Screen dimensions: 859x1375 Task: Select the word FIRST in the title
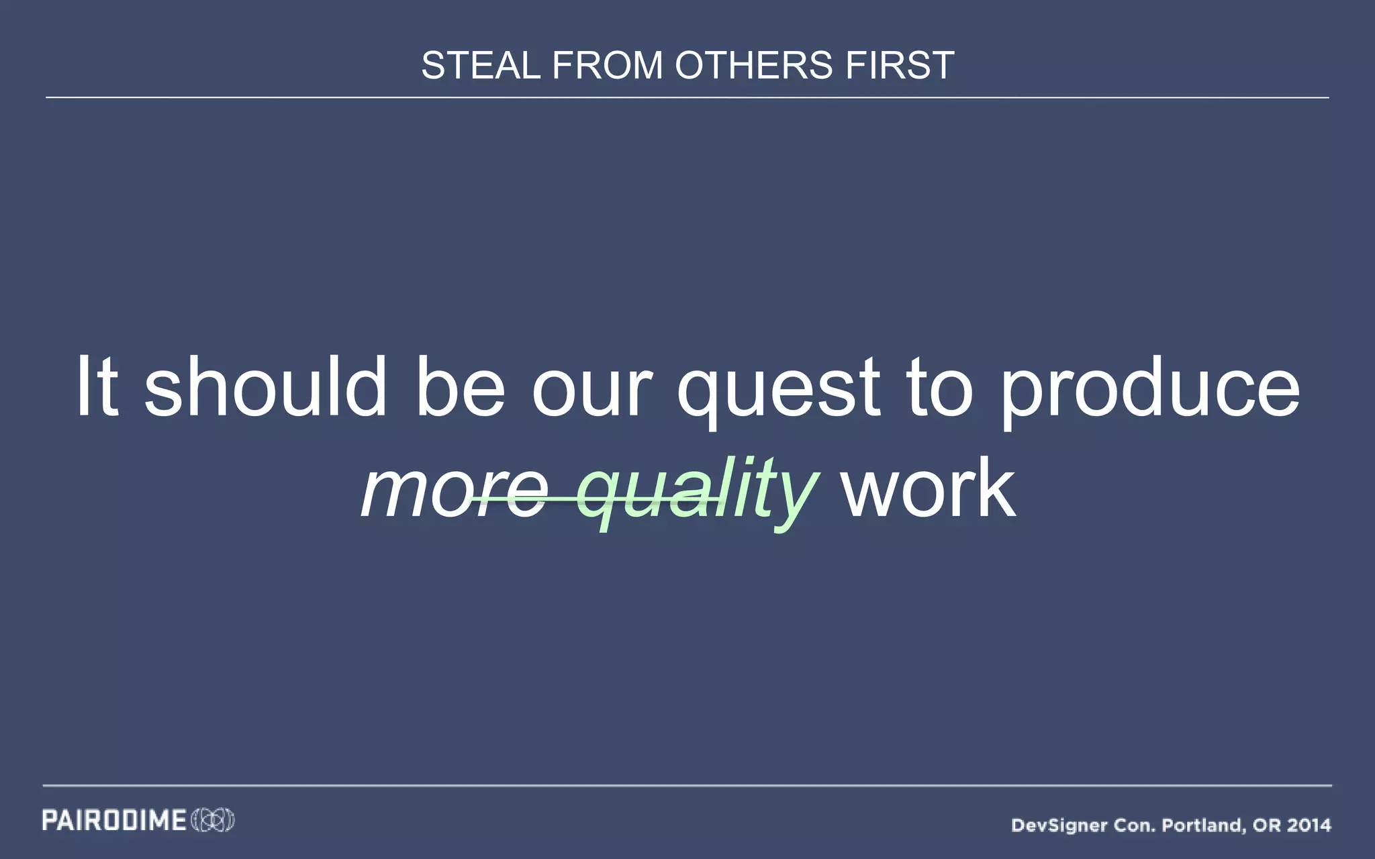point(900,66)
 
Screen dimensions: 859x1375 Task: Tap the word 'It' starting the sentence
point(98,388)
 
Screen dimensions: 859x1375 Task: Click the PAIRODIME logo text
point(114,820)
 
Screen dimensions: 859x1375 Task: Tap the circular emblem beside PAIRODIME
point(213,820)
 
